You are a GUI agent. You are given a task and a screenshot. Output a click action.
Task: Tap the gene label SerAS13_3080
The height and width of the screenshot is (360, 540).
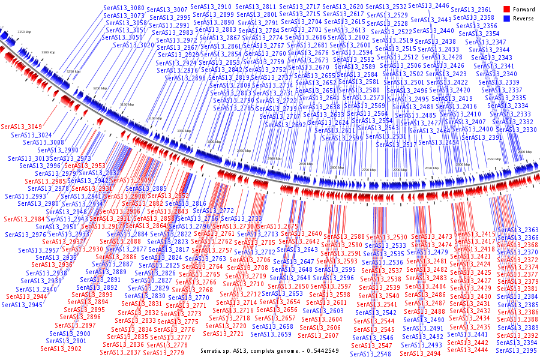pos(124,8)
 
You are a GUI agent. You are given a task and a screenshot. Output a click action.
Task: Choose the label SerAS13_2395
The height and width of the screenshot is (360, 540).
pos(518,350)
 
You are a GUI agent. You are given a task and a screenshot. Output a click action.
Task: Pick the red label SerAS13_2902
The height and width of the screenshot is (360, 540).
pos(61,349)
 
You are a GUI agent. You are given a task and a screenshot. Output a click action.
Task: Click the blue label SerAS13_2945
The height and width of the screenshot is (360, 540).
pos(22,305)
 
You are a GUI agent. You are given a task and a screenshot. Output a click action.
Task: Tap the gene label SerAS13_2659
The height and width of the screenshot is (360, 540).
pos(271,334)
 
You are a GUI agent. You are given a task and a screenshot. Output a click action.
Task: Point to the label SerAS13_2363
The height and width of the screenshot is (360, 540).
pos(518,230)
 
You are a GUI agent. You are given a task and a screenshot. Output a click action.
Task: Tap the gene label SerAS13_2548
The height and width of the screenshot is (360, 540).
pos(371,354)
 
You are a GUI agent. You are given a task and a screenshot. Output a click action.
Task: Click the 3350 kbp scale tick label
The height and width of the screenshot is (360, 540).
pos(24,32)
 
